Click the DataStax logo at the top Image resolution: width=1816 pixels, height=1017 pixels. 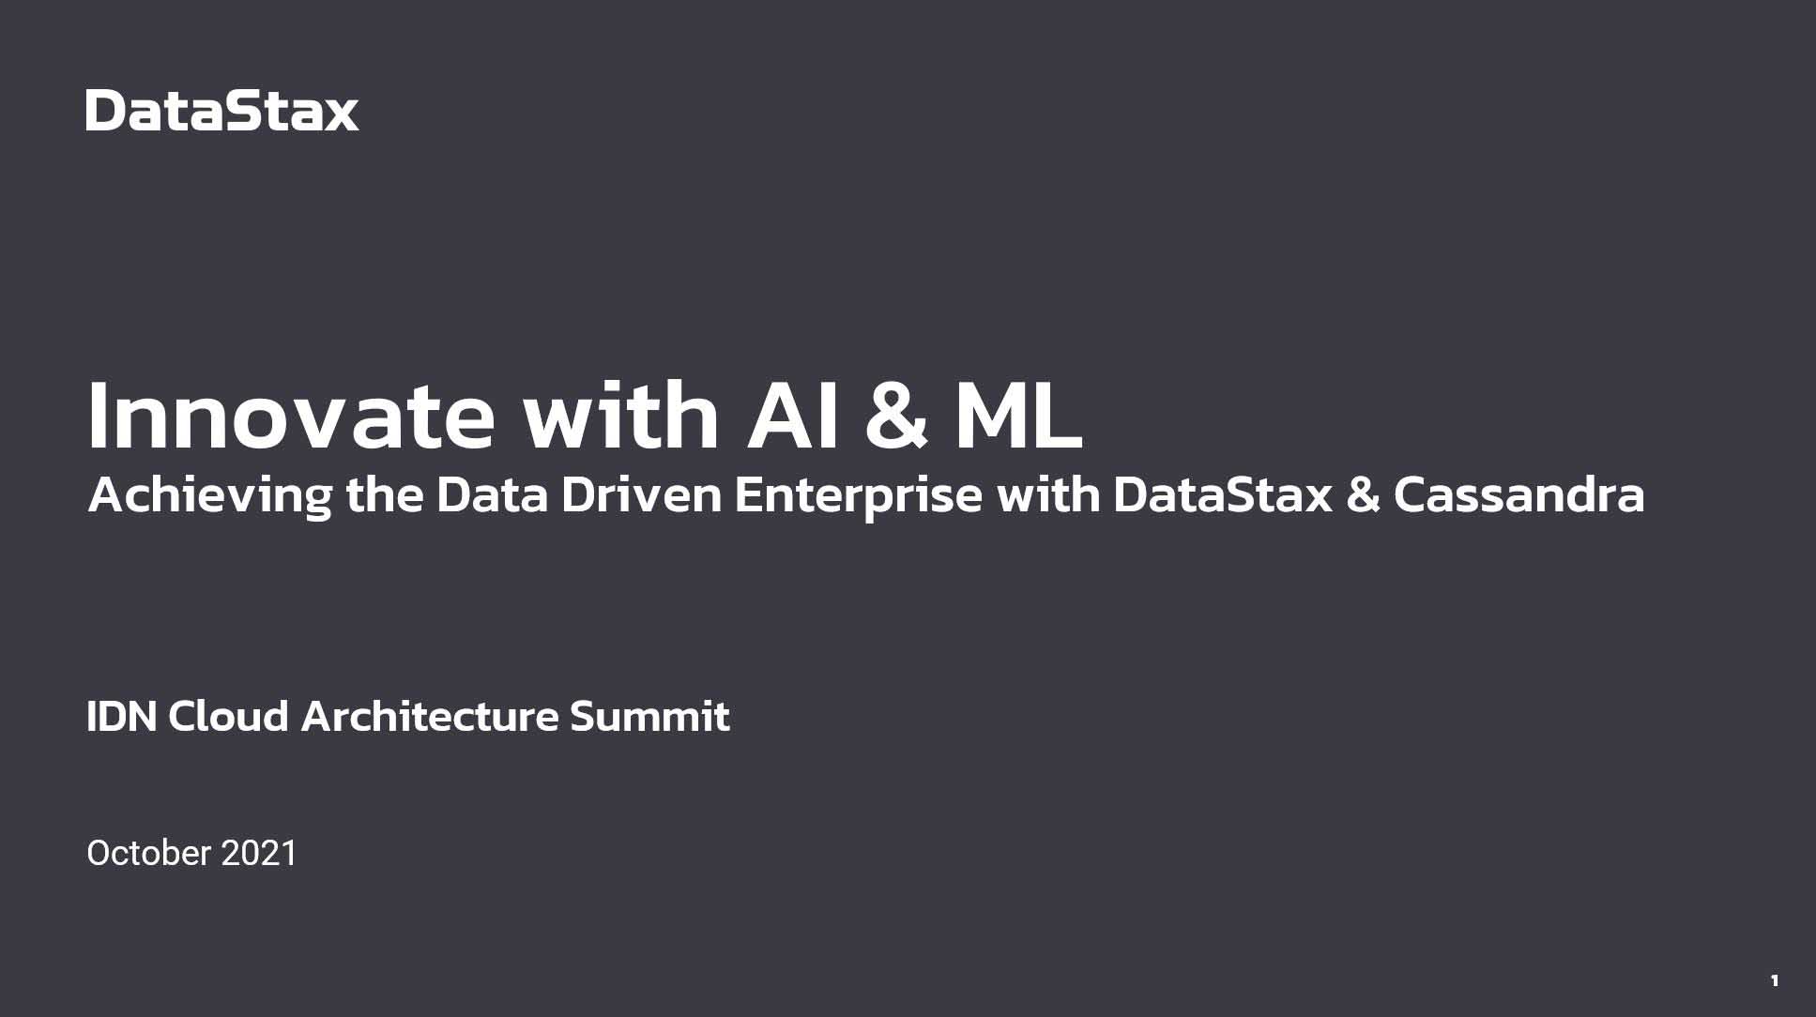[x=222, y=111]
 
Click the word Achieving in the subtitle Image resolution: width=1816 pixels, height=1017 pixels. [x=210, y=494]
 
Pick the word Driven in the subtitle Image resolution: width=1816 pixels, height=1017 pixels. [x=642, y=494]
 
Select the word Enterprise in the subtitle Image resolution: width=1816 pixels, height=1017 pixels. [x=858, y=496]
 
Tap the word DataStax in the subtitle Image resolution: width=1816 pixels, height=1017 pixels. [x=1223, y=494]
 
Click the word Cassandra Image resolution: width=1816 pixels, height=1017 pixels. [x=1518, y=494]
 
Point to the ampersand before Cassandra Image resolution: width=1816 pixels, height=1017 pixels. [x=1363, y=495]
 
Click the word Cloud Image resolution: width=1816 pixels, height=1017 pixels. [x=228, y=717]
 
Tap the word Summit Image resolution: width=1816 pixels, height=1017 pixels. [x=649, y=717]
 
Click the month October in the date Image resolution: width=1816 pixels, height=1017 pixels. [x=148, y=853]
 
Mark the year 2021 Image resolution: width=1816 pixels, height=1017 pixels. [x=258, y=853]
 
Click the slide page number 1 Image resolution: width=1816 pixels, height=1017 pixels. [x=1774, y=981]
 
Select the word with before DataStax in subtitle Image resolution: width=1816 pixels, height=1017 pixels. [x=1047, y=494]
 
